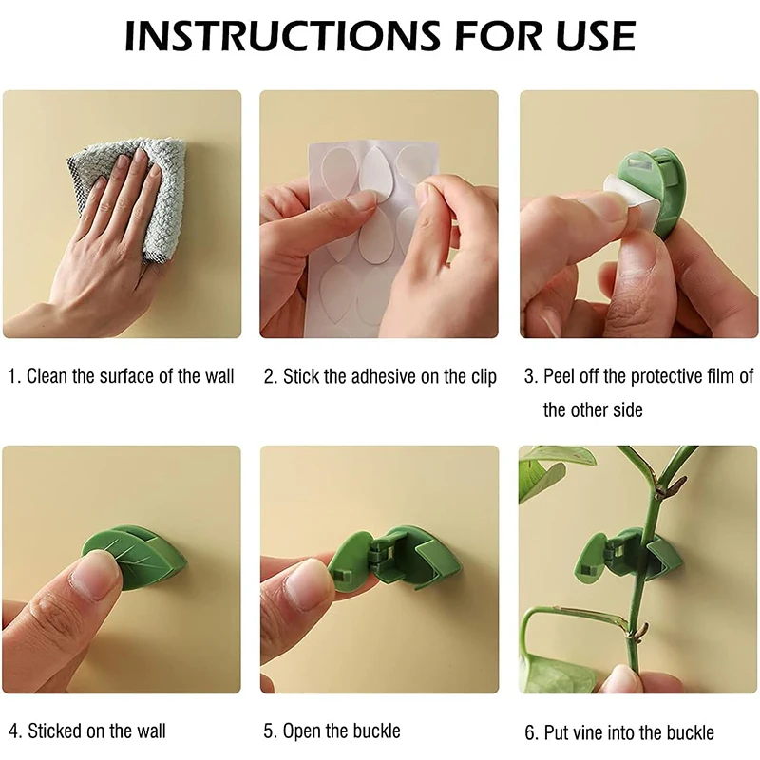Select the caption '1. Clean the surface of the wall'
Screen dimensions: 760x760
(121, 376)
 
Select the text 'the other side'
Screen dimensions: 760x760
(593, 409)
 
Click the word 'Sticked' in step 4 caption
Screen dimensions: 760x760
(55, 731)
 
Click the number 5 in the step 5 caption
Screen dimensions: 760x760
(269, 731)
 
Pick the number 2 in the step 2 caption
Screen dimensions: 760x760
(269, 376)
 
